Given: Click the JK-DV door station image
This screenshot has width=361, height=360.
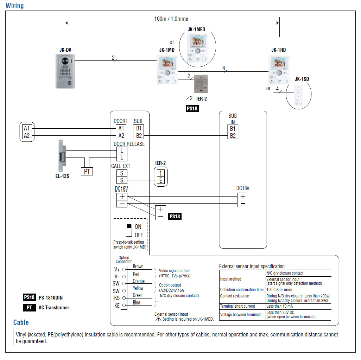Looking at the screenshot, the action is click(65, 71).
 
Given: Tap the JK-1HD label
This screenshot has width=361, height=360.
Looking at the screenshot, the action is click(278, 50).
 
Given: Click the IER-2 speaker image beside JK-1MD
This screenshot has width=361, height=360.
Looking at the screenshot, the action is click(201, 84).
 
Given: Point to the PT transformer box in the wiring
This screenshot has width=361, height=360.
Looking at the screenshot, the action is click(87, 171).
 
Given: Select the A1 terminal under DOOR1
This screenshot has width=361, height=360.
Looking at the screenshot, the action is click(121, 128).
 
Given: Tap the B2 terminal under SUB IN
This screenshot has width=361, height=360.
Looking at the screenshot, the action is click(233, 135).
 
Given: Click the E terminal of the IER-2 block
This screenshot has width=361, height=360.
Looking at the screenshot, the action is click(161, 180).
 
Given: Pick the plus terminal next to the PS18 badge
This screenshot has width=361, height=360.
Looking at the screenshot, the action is click(160, 209).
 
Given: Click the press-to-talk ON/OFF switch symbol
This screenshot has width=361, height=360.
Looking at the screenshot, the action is click(129, 230).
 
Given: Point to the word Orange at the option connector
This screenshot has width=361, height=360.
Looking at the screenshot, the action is click(139, 281).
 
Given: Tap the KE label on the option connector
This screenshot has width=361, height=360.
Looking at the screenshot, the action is click(117, 306).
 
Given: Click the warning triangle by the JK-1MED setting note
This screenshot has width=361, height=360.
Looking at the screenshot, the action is click(158, 319).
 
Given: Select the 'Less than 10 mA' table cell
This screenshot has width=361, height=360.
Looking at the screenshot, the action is click(279, 306).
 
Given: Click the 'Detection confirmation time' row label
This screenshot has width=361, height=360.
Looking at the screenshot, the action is click(242, 290).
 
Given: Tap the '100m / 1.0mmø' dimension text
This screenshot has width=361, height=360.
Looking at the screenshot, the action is click(171, 19).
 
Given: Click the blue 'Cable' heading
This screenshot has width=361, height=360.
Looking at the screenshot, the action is click(21, 322).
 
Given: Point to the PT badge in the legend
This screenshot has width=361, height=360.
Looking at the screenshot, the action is click(29, 308).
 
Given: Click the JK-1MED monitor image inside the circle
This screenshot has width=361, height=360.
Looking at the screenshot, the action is click(198, 48).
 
